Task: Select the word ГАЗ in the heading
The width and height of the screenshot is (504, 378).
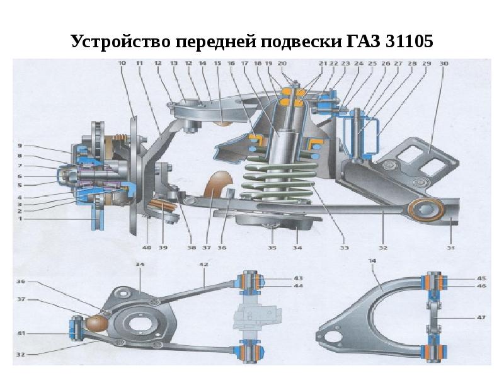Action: (357, 43)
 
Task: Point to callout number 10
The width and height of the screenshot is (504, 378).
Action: (121, 63)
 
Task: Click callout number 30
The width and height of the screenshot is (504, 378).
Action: (444, 63)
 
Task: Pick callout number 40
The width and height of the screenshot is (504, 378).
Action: (147, 248)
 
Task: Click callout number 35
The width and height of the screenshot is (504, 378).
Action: (273, 248)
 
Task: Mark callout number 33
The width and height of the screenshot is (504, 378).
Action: (344, 248)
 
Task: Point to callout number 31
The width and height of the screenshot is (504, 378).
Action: (450, 248)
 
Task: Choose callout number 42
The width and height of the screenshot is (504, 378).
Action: (203, 265)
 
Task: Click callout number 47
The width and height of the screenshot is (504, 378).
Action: (481, 318)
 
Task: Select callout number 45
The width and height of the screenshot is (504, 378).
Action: (481, 278)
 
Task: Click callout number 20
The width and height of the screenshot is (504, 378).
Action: (282, 63)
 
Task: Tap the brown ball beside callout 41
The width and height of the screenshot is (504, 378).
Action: (96, 323)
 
